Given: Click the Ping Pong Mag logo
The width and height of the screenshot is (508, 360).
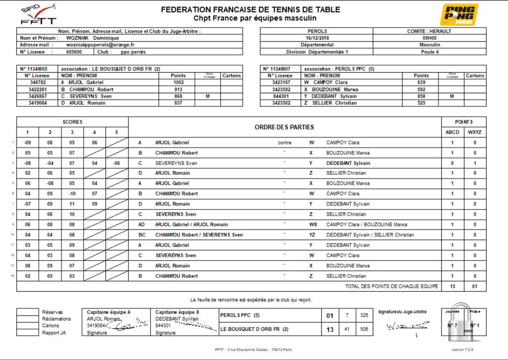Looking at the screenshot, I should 460,15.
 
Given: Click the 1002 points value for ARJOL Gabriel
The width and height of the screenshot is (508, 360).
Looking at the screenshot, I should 178,82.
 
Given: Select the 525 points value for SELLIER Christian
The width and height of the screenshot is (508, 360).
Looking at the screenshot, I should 421,103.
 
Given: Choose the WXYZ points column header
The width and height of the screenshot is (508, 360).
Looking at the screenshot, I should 475,133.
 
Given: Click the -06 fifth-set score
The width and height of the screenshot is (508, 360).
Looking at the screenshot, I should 117,163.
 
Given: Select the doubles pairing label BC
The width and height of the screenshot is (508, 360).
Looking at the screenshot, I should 141,235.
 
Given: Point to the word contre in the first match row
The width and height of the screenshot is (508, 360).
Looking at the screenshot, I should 284,143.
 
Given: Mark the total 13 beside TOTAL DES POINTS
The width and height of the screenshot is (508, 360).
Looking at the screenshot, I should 452,287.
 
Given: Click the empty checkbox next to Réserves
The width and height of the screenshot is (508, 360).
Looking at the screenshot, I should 27,312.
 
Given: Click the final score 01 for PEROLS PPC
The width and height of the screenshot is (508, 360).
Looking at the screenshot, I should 330,315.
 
